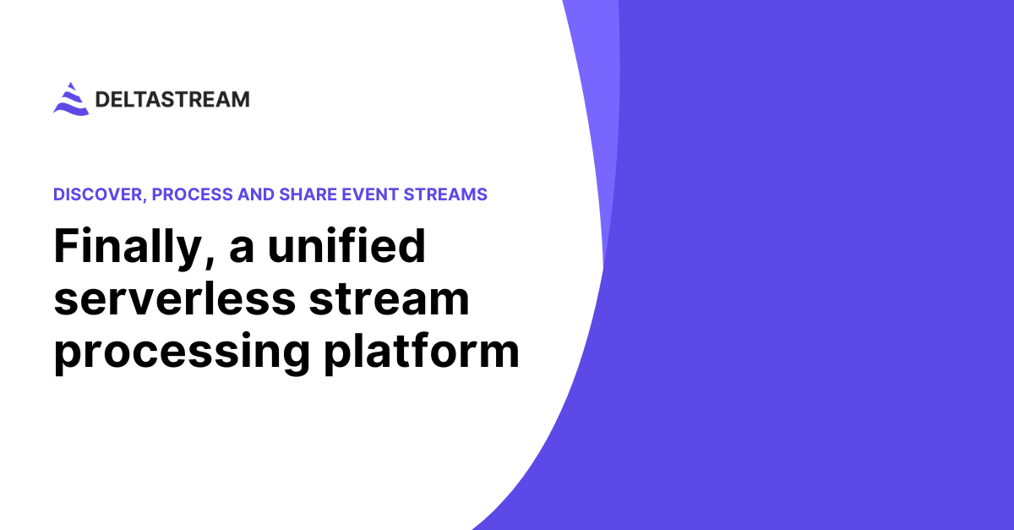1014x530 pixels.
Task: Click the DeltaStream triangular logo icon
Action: pyautogui.click(x=71, y=99)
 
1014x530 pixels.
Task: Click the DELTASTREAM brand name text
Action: pyautogui.click(x=172, y=100)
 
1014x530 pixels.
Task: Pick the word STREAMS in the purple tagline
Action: pyautogui.click(x=445, y=194)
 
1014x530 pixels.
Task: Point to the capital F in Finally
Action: pyautogui.click(x=66, y=248)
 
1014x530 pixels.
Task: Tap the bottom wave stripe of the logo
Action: pyautogui.click(x=71, y=110)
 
